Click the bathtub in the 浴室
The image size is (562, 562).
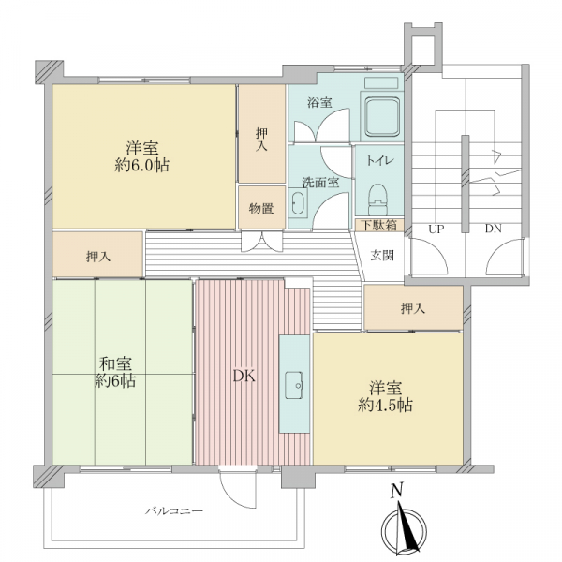pos(382,117)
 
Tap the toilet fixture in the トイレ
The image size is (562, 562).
pos(378,200)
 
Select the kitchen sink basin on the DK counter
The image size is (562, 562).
pos(294,385)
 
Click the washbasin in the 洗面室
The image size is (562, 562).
pos(299,203)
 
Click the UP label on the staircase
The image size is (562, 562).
pos(436,229)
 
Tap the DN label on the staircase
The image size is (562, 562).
pos(494,229)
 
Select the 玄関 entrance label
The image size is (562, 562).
pos(382,256)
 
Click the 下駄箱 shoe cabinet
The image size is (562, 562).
pos(379,226)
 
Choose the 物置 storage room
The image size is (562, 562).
pos(262,207)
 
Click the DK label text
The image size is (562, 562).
pos(244,377)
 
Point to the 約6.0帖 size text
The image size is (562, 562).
pos(142,165)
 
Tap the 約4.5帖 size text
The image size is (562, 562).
pos(385,405)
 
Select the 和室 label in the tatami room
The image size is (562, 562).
pos(115,364)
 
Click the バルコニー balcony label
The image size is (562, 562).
pos(174,510)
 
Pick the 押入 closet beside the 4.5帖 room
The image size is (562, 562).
pos(413,307)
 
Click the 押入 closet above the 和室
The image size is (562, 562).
pos(97,255)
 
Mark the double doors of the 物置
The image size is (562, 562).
pos(261,242)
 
